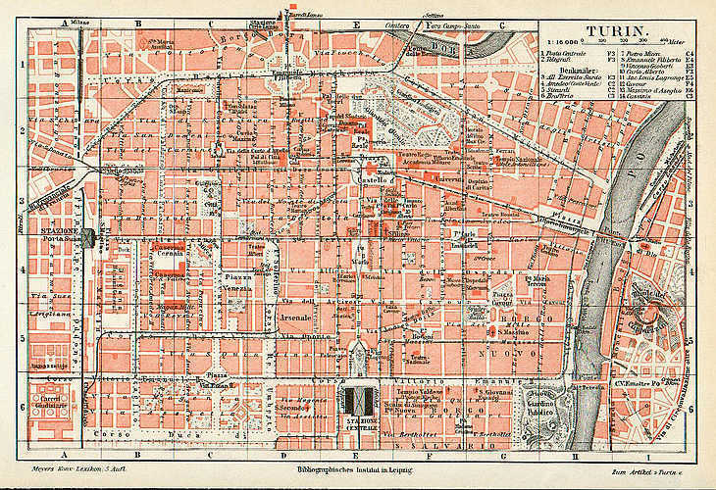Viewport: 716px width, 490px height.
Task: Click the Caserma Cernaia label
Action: [x=173, y=251]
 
